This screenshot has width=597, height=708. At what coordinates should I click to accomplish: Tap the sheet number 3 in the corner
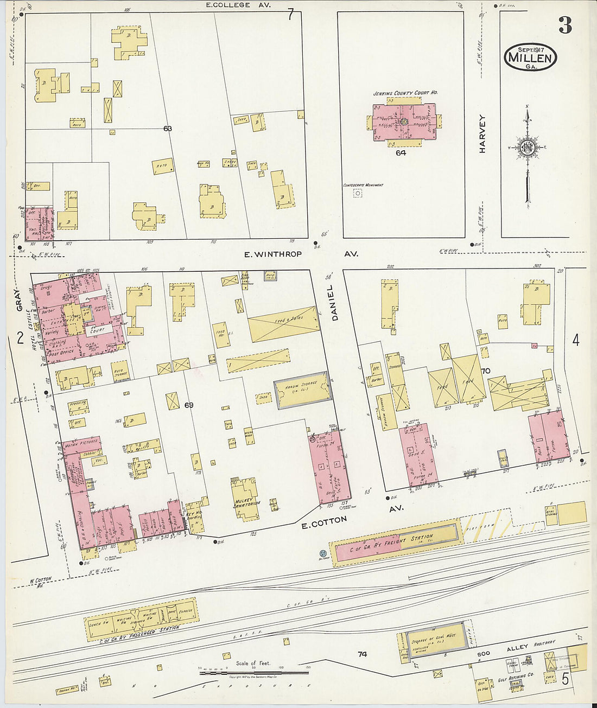tap(565, 25)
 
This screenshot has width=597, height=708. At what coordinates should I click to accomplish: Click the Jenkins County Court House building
tap(404, 123)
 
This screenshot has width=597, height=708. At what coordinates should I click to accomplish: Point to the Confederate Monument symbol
tap(358, 193)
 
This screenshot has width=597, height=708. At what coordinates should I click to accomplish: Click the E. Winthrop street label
tap(272, 254)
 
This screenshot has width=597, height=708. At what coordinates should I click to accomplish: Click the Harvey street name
tap(482, 133)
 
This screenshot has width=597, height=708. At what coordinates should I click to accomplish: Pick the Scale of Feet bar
tap(254, 673)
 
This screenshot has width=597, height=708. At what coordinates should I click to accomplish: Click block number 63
tap(167, 129)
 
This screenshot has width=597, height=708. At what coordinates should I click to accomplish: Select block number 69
tap(188, 405)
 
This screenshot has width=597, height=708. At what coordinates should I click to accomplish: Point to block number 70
tap(485, 371)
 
